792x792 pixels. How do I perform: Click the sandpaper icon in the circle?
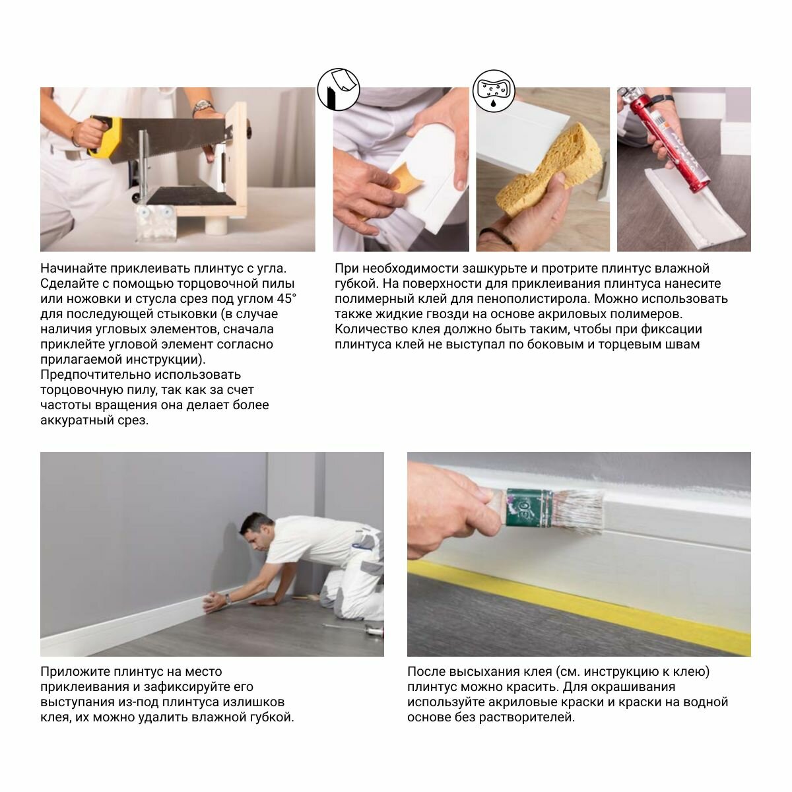[x=339, y=90]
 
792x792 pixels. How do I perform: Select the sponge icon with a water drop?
[x=494, y=91]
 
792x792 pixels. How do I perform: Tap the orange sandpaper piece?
[x=405, y=180]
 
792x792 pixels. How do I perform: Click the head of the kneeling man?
[x=255, y=533]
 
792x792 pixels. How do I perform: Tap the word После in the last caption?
[x=426, y=672]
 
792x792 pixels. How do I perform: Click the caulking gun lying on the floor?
[x=354, y=628]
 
